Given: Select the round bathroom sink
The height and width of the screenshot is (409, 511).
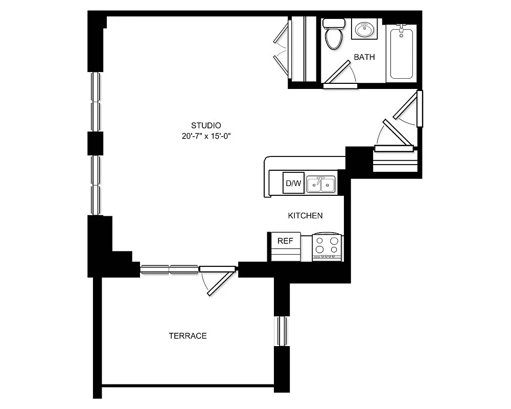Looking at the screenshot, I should point(364,30).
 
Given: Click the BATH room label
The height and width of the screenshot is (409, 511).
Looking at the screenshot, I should point(364,57).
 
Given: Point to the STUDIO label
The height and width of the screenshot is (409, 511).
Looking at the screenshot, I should point(205,125).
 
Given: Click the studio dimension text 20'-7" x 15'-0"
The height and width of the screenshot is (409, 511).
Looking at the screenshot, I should point(205,136).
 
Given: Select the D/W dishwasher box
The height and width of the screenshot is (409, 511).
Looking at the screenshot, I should point(293,183).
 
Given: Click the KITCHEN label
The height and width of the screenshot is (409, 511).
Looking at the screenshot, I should point(305,216).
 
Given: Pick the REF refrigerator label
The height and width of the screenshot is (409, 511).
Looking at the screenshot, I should point(285,241).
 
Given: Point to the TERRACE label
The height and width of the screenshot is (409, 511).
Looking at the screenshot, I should point(188,336).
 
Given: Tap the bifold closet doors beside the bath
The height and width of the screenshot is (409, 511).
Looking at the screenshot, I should point(281,48).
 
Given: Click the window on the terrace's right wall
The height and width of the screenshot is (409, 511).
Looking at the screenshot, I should point(281,331).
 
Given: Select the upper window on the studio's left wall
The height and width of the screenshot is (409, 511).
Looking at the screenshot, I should point(95,102).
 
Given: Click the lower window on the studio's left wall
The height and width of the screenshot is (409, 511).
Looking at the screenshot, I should point(95,185).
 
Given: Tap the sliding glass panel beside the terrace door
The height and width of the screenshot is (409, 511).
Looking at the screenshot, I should point(169,269).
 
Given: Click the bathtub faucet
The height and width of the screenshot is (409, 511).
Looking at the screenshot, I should point(402,29).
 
